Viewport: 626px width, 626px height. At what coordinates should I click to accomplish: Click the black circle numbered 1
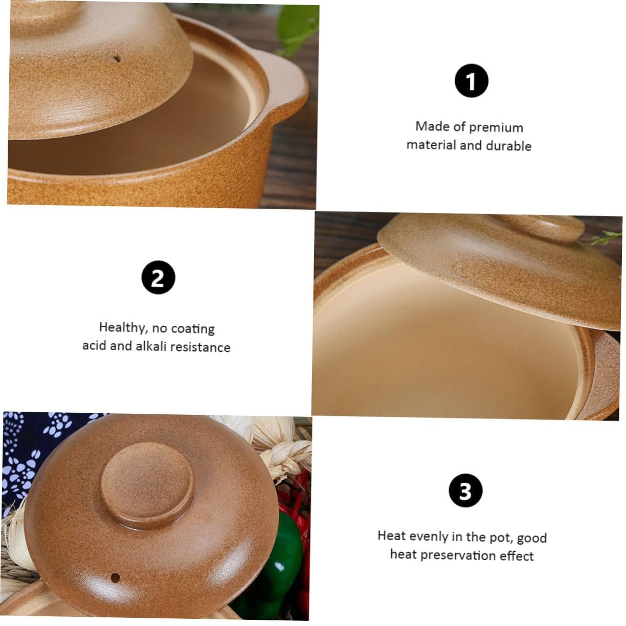coord(471,80)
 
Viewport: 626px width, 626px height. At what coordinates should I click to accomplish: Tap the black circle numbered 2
coord(158,277)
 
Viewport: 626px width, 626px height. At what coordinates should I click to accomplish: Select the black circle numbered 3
coord(465,490)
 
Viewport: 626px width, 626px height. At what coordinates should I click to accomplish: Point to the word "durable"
coord(509,146)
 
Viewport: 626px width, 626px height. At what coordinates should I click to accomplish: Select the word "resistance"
coord(200,347)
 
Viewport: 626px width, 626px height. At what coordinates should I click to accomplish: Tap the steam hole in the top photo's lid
coord(115,59)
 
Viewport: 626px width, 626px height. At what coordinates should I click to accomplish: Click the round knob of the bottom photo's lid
coord(147,484)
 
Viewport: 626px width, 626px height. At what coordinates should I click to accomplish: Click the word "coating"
coord(193,329)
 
